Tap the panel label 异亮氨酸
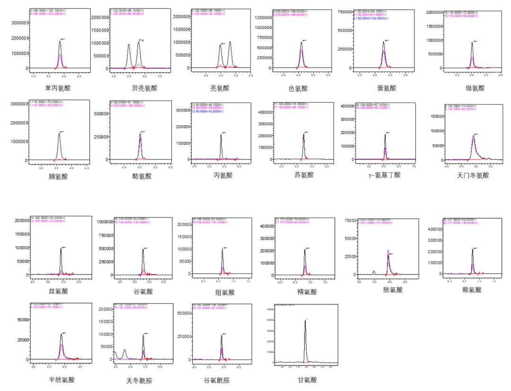(x=144, y=88)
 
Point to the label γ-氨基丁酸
(x=384, y=175)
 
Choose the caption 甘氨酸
(x=307, y=379)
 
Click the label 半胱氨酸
(x=62, y=379)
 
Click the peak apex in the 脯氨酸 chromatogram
(x=59, y=133)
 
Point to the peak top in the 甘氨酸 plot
(x=305, y=321)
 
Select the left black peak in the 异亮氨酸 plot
(x=129, y=45)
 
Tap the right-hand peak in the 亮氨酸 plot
(x=230, y=42)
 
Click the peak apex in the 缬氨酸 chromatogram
(x=472, y=43)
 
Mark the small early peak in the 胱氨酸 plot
(x=374, y=271)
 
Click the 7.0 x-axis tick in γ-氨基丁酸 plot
(x=414, y=166)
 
